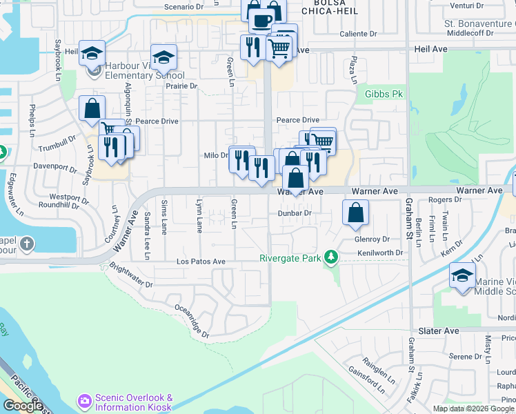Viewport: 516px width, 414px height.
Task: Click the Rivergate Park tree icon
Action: point(332,258)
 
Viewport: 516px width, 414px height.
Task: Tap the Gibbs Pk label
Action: point(384,94)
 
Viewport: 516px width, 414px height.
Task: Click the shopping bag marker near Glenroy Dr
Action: point(355,214)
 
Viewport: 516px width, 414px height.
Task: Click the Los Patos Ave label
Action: point(201,262)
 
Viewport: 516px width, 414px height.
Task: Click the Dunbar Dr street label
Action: point(296,213)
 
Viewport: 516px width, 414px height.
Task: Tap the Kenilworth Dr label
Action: point(380,253)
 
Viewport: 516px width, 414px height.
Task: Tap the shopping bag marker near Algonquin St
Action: point(92,109)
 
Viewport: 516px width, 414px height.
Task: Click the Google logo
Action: point(23,406)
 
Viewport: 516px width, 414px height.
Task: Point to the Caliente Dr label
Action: point(358,33)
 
